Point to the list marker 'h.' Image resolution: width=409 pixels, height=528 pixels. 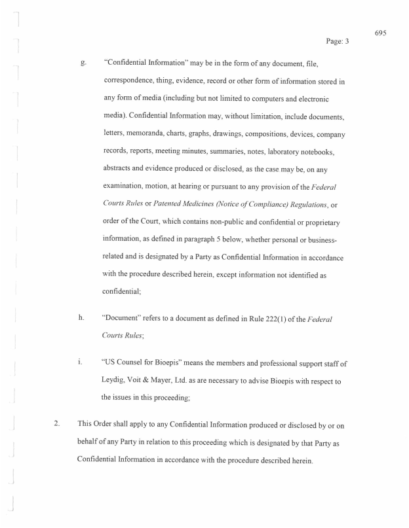pos(81,319)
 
